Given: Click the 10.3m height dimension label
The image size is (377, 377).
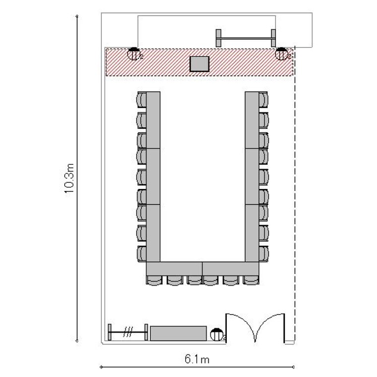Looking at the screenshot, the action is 69,178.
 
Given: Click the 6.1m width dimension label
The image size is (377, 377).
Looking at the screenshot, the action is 197,359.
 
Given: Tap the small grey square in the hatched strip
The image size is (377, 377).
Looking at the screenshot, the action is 200,64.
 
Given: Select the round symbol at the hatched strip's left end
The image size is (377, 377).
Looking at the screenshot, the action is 134,54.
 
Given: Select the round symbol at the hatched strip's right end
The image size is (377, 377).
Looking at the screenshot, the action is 281,54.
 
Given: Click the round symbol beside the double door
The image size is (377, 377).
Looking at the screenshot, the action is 217,334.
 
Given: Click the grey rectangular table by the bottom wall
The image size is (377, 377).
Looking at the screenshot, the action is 178,333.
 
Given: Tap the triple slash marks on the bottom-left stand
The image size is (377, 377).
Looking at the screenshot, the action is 128,332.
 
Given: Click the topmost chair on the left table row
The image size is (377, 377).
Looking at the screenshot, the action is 141,100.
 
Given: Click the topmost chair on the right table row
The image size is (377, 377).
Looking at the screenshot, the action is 263,100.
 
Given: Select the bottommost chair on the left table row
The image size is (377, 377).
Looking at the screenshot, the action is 141,254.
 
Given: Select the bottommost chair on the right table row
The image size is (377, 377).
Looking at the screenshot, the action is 263,254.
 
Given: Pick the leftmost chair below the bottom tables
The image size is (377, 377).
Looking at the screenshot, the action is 154,280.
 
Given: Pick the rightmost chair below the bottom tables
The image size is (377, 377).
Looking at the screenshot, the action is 251,280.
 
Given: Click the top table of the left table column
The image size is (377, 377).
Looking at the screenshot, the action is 153,120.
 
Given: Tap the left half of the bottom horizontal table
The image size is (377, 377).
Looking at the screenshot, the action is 174,268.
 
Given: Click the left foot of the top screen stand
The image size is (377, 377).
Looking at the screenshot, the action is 218,38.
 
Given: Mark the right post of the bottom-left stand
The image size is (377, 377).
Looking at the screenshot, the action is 146,332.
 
